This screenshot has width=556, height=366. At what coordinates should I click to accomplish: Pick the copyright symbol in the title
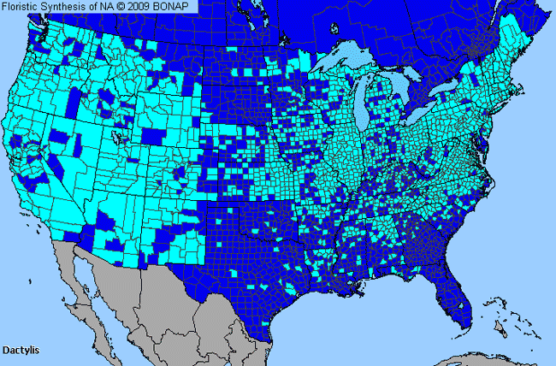coord(117,7)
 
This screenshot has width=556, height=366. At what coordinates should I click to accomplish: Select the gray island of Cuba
coord(479,357)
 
